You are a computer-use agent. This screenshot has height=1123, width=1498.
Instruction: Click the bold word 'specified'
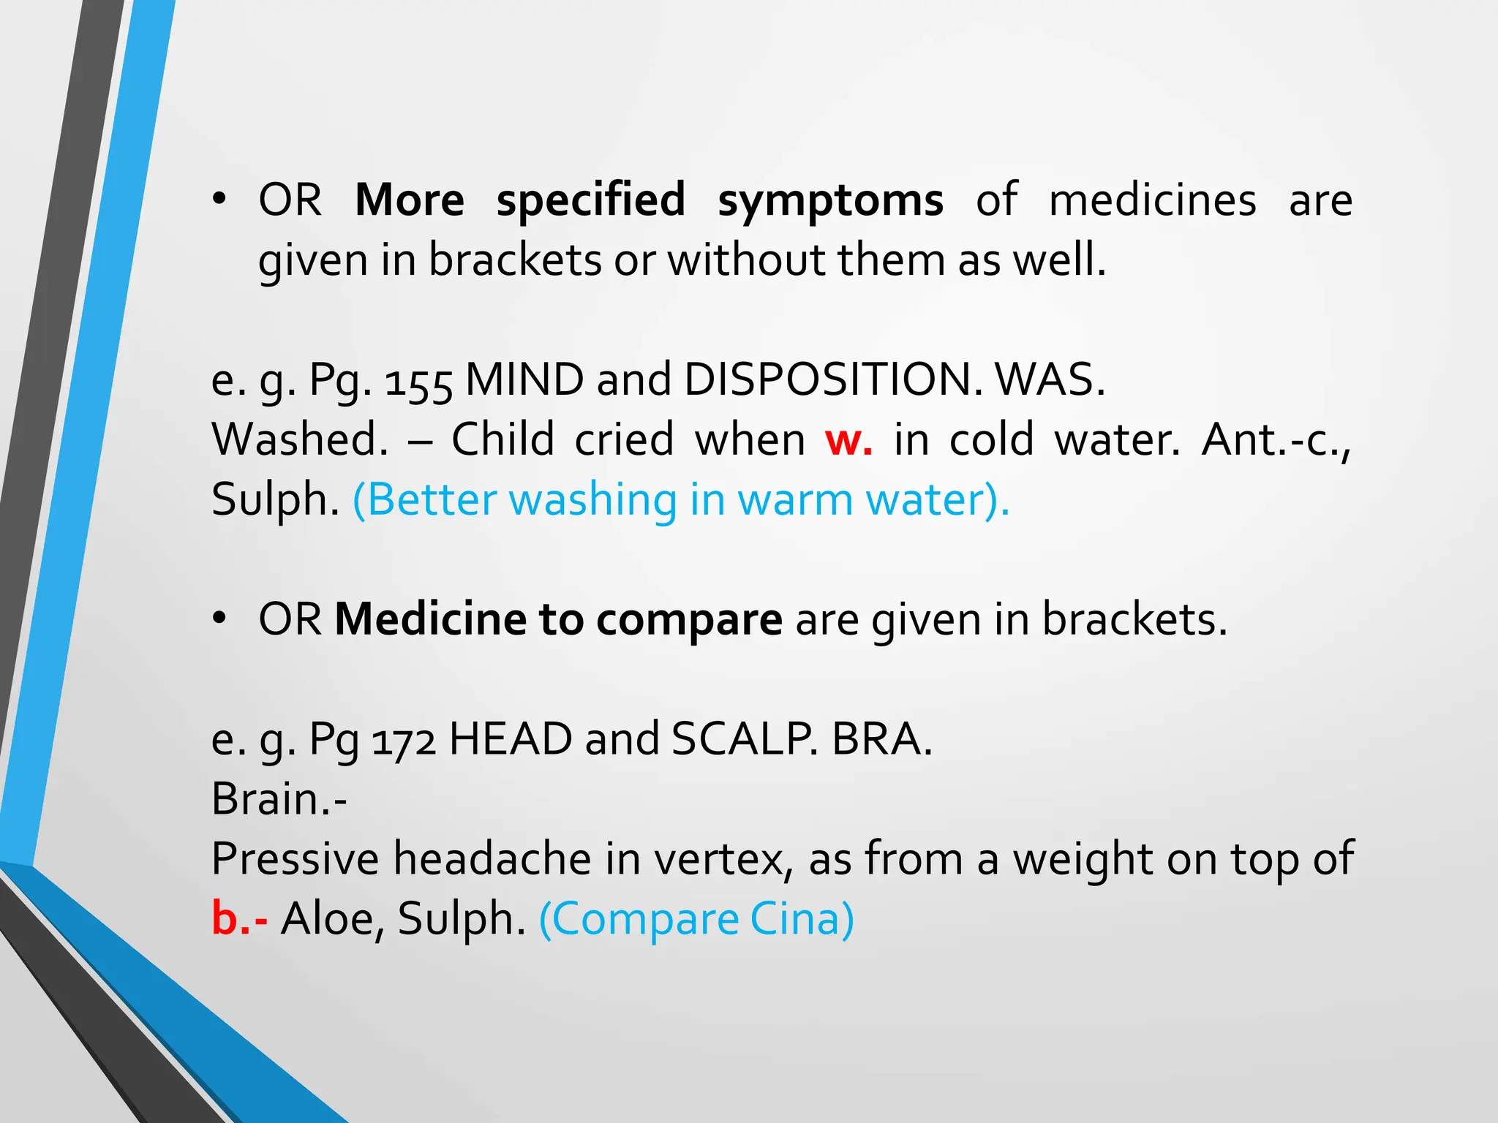[x=591, y=200]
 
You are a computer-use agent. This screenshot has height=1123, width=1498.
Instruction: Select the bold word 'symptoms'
[x=830, y=200]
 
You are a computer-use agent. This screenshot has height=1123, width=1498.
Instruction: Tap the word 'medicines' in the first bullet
[x=1153, y=200]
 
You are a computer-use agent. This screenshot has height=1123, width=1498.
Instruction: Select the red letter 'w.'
[x=848, y=440]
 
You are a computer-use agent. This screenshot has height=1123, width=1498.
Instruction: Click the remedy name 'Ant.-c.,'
[x=1276, y=440]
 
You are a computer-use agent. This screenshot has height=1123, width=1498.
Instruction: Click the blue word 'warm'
[x=794, y=500]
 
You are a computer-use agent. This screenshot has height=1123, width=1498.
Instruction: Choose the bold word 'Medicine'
[x=430, y=619]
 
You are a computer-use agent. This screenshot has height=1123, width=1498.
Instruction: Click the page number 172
[x=404, y=740]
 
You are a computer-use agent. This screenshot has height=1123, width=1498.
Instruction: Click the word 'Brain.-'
[x=279, y=799]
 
